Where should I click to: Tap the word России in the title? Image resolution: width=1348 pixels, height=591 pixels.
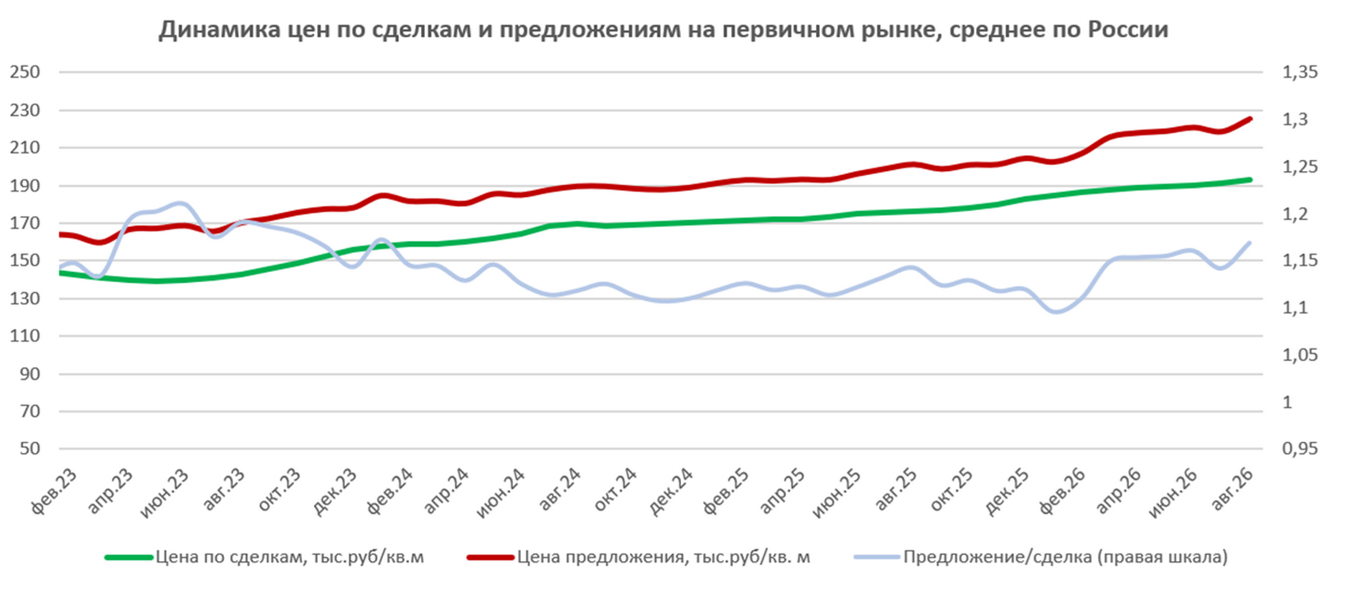[1128, 29]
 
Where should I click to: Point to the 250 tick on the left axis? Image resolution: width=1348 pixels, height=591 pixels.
[24, 72]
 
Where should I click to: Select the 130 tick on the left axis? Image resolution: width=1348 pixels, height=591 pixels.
[24, 299]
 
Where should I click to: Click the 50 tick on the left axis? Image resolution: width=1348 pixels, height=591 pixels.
[30, 449]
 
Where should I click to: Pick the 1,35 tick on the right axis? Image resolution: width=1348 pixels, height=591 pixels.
[1300, 72]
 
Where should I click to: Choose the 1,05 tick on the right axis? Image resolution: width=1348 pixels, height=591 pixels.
[1300, 355]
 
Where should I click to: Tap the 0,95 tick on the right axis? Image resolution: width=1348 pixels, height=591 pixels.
[1300, 449]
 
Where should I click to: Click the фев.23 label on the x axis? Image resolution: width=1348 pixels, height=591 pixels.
[54, 491]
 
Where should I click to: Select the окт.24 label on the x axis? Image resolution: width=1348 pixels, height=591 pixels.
[615, 490]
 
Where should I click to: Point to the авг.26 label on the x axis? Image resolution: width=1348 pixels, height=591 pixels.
[1232, 490]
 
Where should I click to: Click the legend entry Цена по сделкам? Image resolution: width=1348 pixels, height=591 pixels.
[265, 557]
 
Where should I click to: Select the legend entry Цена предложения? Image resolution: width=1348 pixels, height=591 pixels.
[639, 557]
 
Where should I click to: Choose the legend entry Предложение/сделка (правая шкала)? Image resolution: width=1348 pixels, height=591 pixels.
[1041, 557]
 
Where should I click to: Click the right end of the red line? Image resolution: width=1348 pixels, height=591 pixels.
[1250, 118]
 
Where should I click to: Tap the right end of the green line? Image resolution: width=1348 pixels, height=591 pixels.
[1250, 180]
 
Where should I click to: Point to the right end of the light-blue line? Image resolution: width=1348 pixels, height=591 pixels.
[1250, 243]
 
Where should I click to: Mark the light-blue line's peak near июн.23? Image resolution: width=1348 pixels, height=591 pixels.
[181, 203]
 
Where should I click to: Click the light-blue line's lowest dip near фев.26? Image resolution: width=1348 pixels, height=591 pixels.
[1057, 312]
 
